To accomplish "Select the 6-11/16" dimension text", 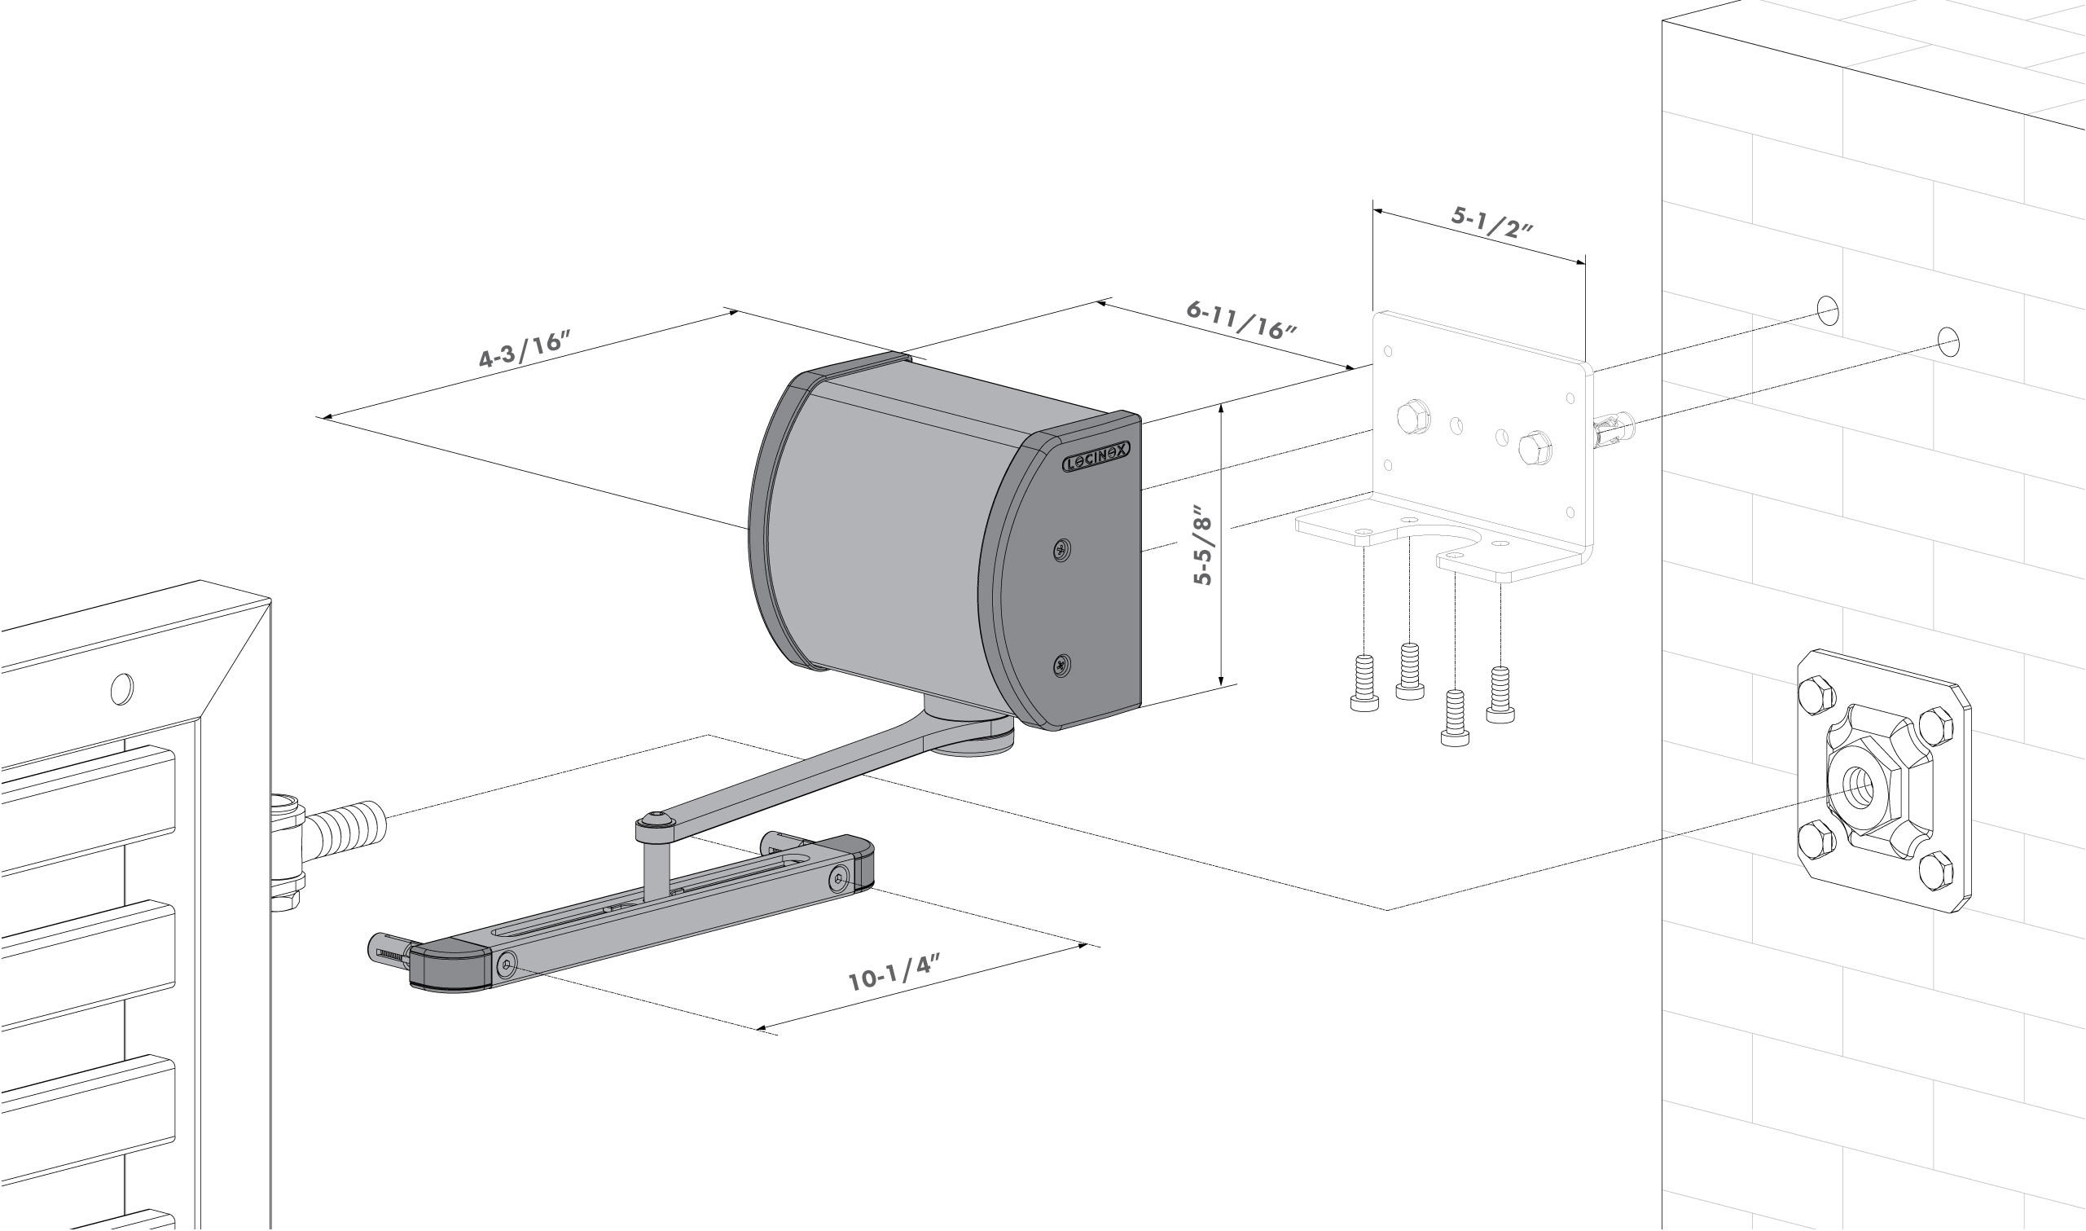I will [x=1241, y=320].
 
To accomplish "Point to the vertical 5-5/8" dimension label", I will [x=1203, y=544].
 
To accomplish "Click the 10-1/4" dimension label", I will [x=894, y=973].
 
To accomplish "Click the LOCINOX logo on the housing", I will [x=1096, y=458].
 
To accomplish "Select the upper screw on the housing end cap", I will [x=1061, y=548].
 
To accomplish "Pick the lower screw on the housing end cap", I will [x=1061, y=665].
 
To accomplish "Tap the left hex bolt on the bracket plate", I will [x=1412, y=416].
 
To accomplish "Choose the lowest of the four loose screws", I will [x=1455, y=719].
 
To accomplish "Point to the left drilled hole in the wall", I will [x=1828, y=310].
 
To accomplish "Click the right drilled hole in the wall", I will [x=1948, y=341].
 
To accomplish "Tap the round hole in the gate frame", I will [x=122, y=688].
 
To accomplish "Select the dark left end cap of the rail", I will [x=451, y=966].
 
